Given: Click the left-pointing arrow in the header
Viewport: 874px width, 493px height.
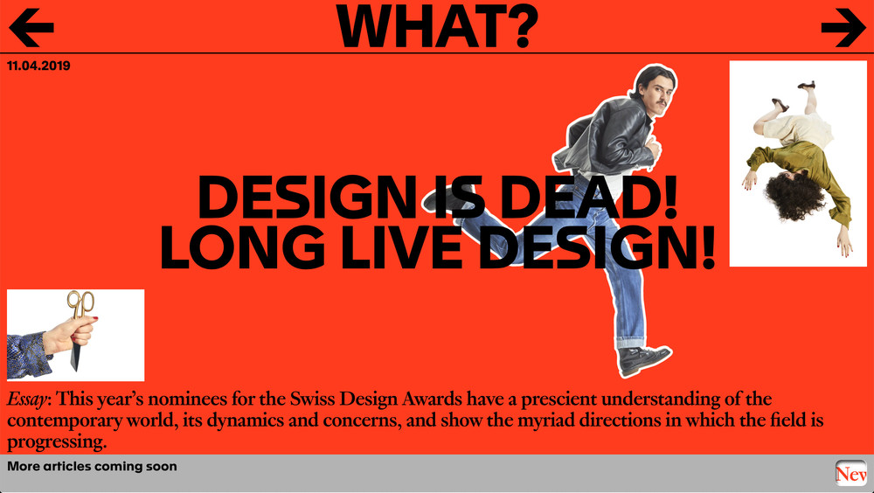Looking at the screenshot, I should point(31,29).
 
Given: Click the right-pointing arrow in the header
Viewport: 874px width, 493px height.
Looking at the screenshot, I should point(843,29).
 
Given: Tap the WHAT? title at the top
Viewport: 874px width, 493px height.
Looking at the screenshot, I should point(437,25).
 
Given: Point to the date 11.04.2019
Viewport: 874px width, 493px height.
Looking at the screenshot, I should point(38,66).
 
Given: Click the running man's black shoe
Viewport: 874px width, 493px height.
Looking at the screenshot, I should point(644,358).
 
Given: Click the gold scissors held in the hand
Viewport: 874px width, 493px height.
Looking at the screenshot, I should point(80,306).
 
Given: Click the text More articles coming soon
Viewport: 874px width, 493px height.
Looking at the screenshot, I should point(92,467).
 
